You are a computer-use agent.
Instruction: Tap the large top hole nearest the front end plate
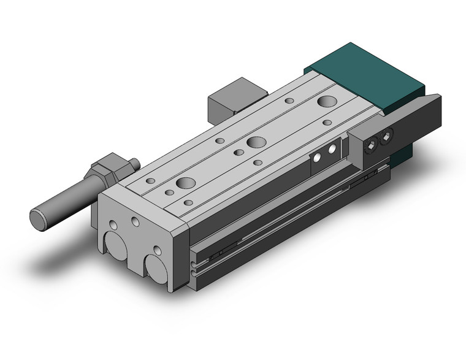click(x=184, y=183)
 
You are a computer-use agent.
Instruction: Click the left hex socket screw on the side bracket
click(x=372, y=145)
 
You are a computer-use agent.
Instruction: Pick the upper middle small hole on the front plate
click(x=135, y=221)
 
